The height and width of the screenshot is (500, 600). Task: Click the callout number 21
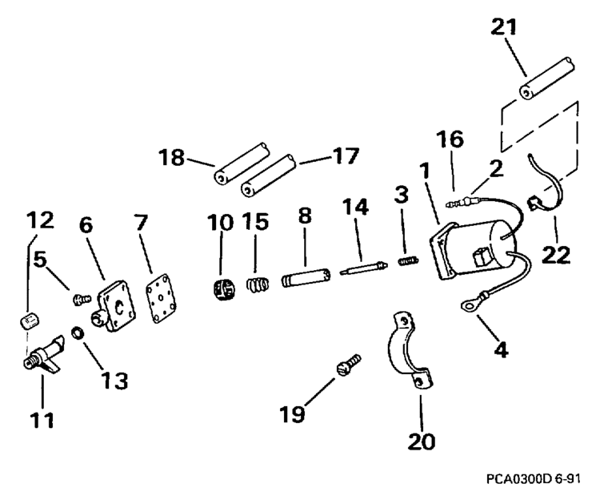(x=505, y=27)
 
